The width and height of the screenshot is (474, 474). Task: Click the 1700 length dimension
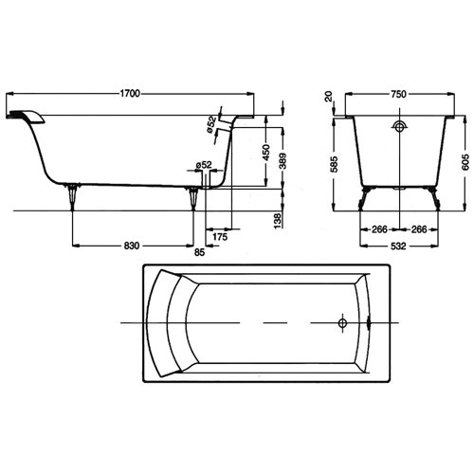(x=130, y=94)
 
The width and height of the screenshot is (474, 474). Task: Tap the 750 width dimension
(x=398, y=94)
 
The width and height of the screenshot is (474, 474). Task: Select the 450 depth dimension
(x=266, y=153)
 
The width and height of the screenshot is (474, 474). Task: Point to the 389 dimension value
(x=283, y=161)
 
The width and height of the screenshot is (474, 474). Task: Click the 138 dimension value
(x=278, y=221)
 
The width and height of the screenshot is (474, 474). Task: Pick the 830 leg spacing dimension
(x=132, y=246)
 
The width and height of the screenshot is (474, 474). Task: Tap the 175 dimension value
(x=220, y=237)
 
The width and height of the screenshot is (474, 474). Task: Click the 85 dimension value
(x=199, y=252)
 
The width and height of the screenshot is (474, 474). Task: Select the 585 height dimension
(x=335, y=164)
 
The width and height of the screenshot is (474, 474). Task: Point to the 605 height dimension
(x=465, y=162)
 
